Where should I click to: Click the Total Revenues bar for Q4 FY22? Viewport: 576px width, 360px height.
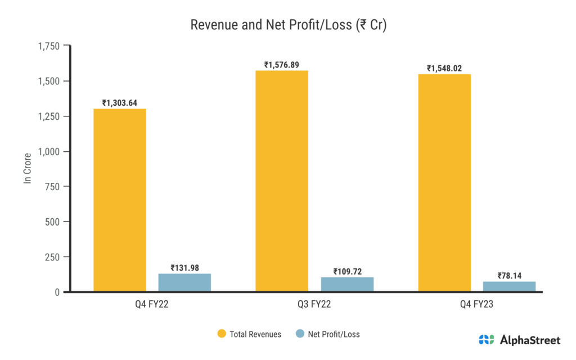click(x=120, y=200)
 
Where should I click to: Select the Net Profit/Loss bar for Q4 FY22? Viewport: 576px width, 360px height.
click(x=184, y=282)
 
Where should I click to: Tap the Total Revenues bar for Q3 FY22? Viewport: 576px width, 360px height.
click(x=282, y=181)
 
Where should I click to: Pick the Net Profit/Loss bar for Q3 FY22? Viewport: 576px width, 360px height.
click(x=347, y=284)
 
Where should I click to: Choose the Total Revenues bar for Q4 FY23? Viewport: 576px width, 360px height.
click(x=444, y=183)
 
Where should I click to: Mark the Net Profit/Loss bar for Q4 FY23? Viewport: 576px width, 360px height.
click(x=509, y=286)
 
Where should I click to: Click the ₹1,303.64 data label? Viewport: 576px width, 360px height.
click(x=119, y=103)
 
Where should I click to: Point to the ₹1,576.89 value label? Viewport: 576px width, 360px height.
click(x=282, y=65)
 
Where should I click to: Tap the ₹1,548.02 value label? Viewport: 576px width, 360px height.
click(x=444, y=69)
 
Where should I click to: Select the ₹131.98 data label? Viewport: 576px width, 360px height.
click(x=184, y=268)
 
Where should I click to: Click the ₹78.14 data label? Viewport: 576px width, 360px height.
click(x=509, y=276)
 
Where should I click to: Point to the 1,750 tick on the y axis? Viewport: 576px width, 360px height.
click(x=48, y=46)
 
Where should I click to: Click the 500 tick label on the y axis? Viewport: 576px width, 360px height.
click(x=52, y=222)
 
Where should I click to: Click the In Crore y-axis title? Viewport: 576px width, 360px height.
click(x=27, y=169)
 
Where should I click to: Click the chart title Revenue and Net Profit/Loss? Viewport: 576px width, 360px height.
click(x=288, y=25)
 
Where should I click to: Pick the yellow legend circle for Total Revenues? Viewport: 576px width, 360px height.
click(x=222, y=334)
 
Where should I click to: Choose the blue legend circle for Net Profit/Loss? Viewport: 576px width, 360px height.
click(x=300, y=334)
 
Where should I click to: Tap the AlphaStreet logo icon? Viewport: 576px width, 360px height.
click(x=486, y=340)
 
